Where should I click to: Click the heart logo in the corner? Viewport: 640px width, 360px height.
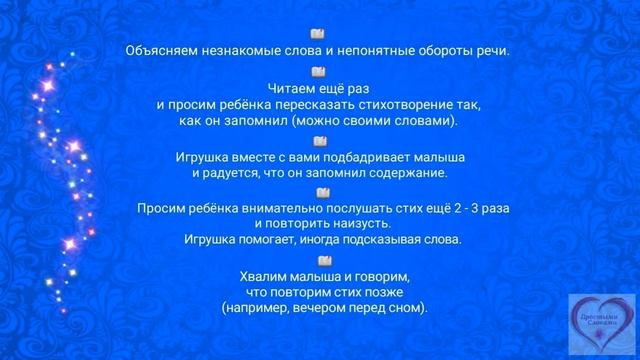point(599,323)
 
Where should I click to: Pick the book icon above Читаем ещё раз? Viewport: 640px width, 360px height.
point(319,71)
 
